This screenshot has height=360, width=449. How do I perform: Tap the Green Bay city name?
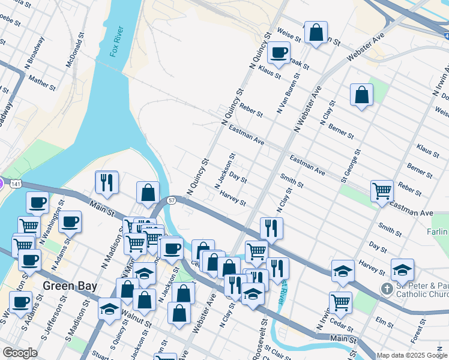tap(70, 286)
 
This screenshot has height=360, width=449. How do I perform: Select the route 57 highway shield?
tap(172, 200)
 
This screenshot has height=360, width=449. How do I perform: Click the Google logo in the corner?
tap(20, 353)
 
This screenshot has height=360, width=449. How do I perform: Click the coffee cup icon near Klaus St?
tap(279, 52)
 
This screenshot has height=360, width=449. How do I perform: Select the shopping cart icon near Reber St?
tap(382, 191)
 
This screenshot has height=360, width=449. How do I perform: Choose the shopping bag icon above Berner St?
tap(361, 95)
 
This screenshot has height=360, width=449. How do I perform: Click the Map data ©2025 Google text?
tap(412, 355)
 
